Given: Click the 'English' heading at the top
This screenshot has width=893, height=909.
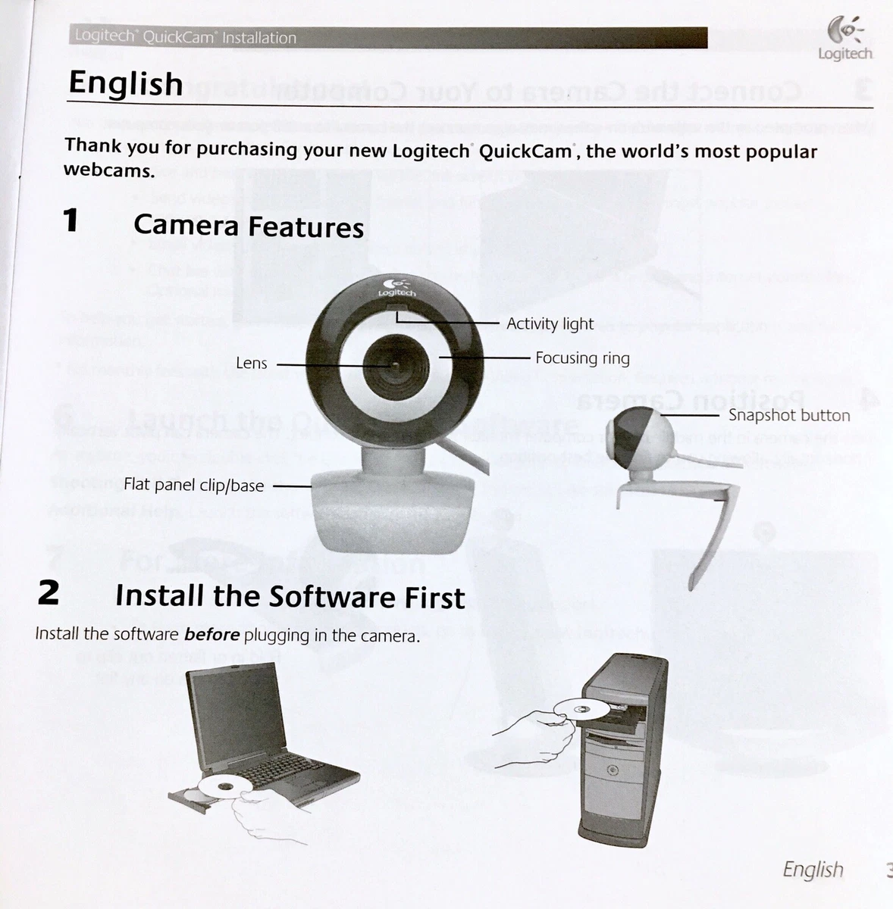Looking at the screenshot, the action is [x=126, y=83].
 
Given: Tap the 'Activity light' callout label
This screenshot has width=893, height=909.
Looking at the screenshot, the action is [x=550, y=323].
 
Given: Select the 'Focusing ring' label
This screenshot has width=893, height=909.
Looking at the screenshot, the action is [x=582, y=358].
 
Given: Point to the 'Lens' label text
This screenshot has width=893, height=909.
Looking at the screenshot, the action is [x=252, y=364].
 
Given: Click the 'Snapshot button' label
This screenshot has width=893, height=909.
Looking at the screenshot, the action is [x=789, y=415].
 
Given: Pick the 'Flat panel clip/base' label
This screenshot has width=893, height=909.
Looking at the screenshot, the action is [x=193, y=485].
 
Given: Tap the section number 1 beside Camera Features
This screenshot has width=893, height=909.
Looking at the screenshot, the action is [x=71, y=221].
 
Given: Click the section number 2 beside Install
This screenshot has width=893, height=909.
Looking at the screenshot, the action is [x=49, y=592].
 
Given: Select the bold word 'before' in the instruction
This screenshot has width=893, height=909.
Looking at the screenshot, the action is [x=212, y=634].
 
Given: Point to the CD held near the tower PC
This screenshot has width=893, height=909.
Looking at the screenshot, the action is [x=580, y=710].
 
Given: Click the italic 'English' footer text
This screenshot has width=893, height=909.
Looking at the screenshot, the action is [x=813, y=869].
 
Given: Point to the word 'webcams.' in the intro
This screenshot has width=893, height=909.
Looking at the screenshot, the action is [x=109, y=170].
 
